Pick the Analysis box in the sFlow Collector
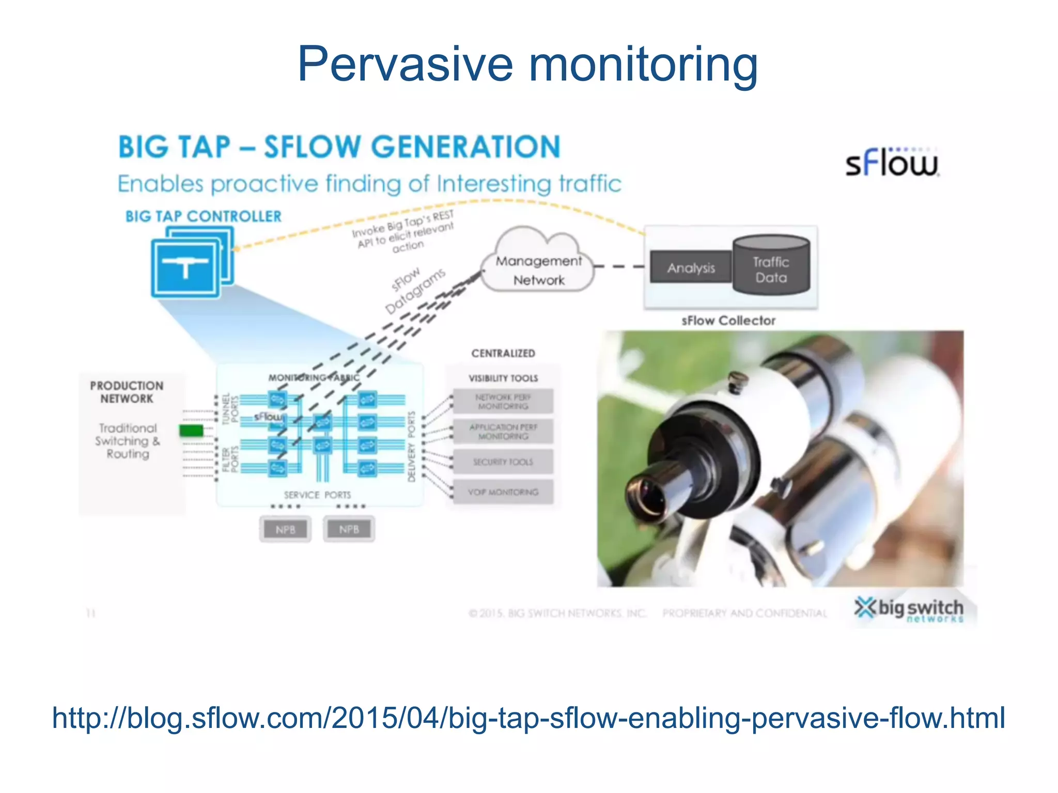click(x=691, y=267)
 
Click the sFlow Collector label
click(x=728, y=321)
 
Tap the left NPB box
click(x=285, y=529)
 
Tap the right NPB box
click(x=349, y=529)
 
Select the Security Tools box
click(x=503, y=462)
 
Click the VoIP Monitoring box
click(x=503, y=492)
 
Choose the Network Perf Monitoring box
click(x=503, y=402)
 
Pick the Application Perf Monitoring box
click(x=503, y=432)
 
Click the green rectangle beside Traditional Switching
click(x=191, y=430)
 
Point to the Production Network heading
click(x=127, y=392)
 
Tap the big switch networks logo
click(x=909, y=609)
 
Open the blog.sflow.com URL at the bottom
click(x=528, y=718)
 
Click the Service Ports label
click(x=317, y=495)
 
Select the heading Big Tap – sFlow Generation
click(x=339, y=147)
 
